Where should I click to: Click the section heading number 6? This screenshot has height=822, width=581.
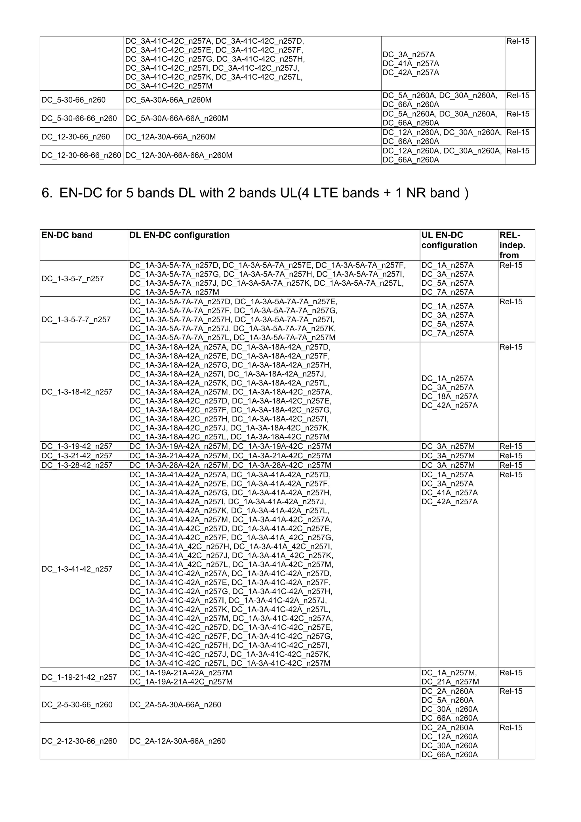(47, 193)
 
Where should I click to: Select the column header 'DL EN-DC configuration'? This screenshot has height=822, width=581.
(179, 235)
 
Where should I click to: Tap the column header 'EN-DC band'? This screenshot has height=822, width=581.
(67, 235)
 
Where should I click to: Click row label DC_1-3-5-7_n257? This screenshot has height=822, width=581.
(73, 279)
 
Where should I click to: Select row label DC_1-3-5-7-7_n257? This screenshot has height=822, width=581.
(76, 320)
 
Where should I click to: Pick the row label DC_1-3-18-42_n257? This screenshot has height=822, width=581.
(77, 392)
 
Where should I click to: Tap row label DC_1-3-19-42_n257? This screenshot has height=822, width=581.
(77, 446)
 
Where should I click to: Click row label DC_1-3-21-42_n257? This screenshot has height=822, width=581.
(77, 456)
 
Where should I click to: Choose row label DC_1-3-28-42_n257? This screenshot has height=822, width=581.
(77, 465)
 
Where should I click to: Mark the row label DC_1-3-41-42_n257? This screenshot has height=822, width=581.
(77, 569)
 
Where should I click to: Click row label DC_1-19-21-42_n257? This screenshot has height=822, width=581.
(79, 677)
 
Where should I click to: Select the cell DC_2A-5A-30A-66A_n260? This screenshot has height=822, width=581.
(175, 705)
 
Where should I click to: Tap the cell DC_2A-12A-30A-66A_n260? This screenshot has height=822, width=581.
(177, 741)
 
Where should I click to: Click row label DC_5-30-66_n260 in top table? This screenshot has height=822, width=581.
(73, 100)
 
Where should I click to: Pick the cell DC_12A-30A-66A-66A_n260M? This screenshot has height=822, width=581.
(179, 155)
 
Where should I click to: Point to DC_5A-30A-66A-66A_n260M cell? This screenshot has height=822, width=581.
(176, 119)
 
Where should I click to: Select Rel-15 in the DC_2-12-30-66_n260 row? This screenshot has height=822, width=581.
(511, 728)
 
